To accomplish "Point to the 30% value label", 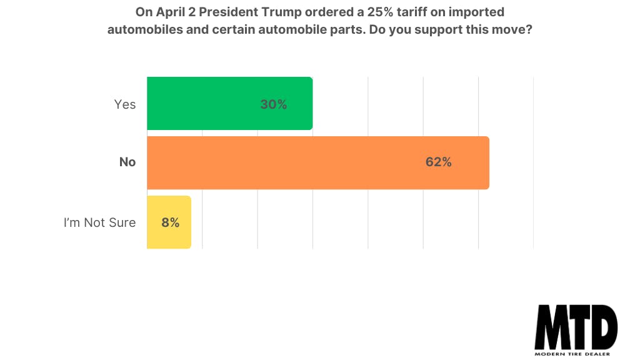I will click(x=274, y=105).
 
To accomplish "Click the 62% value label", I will click(x=438, y=162).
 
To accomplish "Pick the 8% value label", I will click(x=170, y=222).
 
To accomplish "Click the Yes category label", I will click(x=125, y=104).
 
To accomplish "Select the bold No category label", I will click(x=127, y=162).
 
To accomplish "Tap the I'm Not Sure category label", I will click(x=99, y=222).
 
